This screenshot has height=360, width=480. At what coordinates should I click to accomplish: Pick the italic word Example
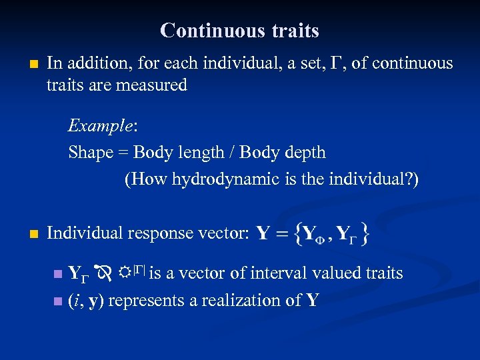point(96,125)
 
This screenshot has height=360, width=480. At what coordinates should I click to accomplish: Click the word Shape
point(91,153)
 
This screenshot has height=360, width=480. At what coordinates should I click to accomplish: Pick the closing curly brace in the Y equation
point(365,233)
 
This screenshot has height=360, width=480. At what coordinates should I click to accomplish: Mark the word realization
point(244,301)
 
